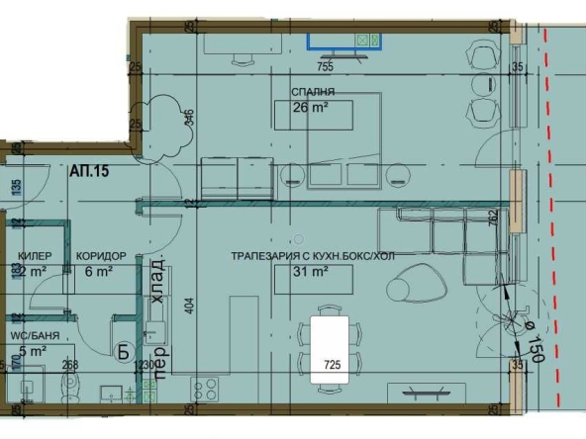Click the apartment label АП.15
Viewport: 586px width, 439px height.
coord(88,171)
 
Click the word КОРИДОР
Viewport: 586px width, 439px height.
coord(100,255)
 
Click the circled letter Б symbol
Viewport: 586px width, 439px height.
coord(124,349)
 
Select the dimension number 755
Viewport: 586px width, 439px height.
coord(324,67)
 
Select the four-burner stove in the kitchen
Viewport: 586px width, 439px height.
coord(204,389)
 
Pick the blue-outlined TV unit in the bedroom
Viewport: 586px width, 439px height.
coord(343,41)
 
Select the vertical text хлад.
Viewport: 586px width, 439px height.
coord(155,268)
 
